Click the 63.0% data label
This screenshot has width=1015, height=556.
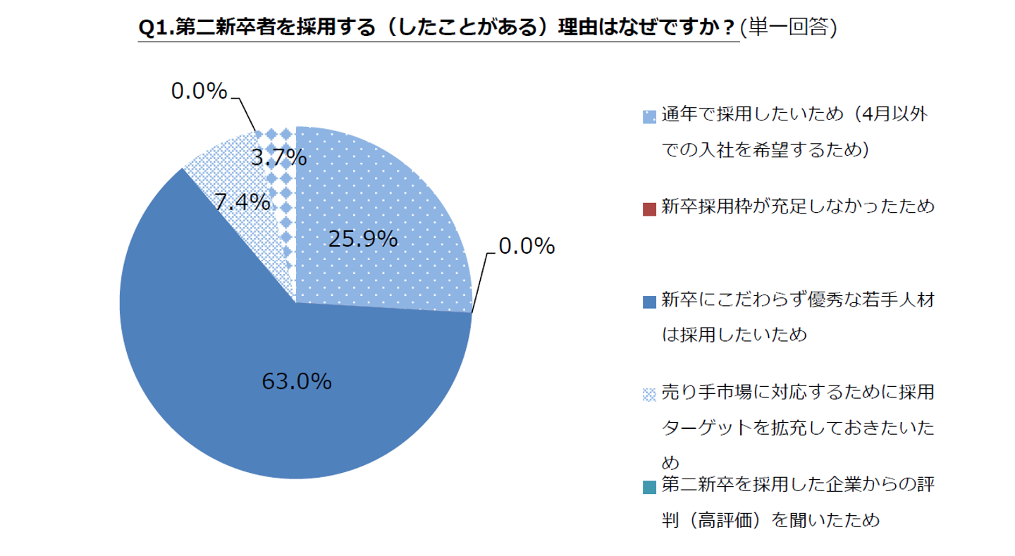(x=296, y=381)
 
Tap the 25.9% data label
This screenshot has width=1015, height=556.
(x=363, y=240)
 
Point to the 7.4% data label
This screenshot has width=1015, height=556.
(x=242, y=202)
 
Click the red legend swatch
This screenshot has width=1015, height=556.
(x=649, y=208)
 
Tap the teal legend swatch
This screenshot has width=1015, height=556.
(x=649, y=486)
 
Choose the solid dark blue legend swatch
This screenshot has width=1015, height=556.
(x=649, y=301)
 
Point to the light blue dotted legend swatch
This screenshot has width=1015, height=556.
(x=649, y=116)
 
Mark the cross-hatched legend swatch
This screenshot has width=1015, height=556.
(x=649, y=394)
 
